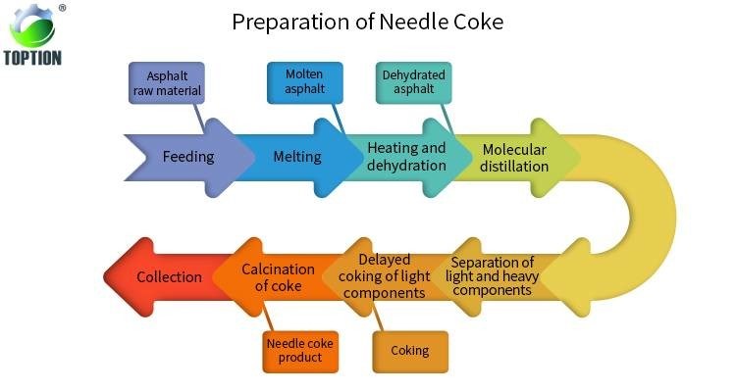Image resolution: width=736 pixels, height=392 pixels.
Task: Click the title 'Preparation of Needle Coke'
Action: tap(367, 21)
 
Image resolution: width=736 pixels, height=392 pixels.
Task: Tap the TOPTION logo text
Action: tap(33, 58)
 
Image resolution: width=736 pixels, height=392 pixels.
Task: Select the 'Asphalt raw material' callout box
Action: tap(167, 84)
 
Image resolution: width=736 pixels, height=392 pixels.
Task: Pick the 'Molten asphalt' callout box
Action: tap(304, 82)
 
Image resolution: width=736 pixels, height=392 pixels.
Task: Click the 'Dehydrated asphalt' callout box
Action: tap(414, 82)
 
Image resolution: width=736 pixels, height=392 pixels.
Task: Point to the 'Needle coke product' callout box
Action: tap(299, 351)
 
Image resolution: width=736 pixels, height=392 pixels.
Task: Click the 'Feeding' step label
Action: tap(187, 157)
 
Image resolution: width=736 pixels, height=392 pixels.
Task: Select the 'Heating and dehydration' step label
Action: tap(406, 157)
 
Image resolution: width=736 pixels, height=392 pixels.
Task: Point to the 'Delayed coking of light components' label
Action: tap(385, 276)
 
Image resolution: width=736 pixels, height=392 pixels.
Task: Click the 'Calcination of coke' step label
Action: tap(278, 277)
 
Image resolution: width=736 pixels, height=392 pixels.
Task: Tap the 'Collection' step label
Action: tap(169, 277)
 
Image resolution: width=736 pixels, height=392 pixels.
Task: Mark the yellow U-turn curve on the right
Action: tap(648, 216)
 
